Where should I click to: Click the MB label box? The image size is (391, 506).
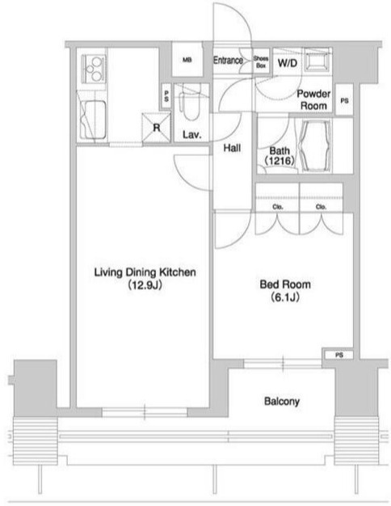click(x=187, y=61)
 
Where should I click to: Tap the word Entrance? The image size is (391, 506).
click(x=228, y=60)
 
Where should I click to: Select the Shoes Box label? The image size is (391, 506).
click(x=261, y=62)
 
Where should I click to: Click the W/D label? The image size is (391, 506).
click(x=287, y=63)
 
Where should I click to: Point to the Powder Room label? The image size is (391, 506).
click(x=313, y=99)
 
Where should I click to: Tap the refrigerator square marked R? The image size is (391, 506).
click(x=156, y=128)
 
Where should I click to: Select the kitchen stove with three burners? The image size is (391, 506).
click(x=94, y=69)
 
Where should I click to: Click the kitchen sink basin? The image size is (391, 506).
click(x=92, y=119)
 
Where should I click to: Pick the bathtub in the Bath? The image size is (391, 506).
click(x=315, y=146)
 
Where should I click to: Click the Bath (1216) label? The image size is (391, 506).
click(x=280, y=155)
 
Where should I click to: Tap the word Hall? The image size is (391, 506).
click(x=232, y=148)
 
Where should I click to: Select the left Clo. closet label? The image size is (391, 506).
click(x=277, y=207)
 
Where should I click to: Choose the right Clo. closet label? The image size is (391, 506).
click(x=321, y=207)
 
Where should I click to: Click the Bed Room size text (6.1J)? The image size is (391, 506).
click(x=285, y=297)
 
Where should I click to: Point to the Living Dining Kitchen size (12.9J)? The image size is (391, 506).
click(x=145, y=285)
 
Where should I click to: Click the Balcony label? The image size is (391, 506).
click(x=282, y=401)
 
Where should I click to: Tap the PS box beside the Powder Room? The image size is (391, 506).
click(x=344, y=100)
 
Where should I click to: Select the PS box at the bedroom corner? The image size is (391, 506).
click(x=338, y=355)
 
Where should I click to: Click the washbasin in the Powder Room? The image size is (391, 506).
click(x=317, y=60)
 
